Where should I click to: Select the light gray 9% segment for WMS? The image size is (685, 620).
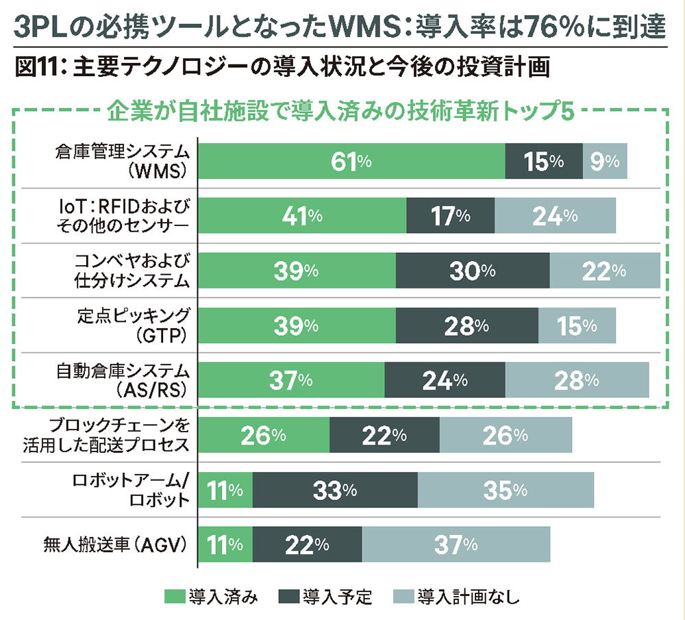pos(605,162)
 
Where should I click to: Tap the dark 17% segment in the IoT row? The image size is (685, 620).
pos(450,216)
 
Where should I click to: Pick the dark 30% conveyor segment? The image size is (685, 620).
pos(473,271)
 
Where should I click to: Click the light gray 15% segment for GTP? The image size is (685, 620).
pos(577,326)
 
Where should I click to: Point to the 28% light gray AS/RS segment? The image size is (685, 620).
pos(577,380)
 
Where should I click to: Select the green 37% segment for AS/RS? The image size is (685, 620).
pos(291,380)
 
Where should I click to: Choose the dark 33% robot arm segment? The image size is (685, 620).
pos(335,490)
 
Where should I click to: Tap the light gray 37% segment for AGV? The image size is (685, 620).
pos(456,545)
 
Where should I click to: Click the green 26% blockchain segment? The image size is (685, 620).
pos(264,435)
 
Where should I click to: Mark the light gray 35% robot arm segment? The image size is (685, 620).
pos(506,490)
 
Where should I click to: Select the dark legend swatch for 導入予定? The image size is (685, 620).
pos(289,596)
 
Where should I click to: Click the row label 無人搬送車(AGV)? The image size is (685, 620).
pos(115,545)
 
